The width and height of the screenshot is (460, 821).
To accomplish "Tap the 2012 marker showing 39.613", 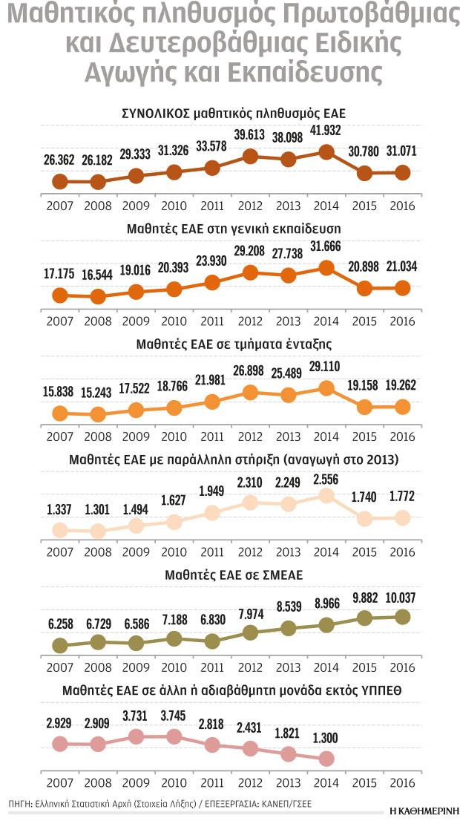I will (x=250, y=157).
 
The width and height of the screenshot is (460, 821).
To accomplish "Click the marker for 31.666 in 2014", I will (x=324, y=268).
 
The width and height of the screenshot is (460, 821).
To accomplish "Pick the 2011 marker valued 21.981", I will (x=212, y=402).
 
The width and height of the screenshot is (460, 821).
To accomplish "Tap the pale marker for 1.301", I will (x=98, y=531).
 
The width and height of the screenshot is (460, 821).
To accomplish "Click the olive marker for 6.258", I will (x=59, y=645).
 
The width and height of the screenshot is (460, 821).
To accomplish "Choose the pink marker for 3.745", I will (x=174, y=736).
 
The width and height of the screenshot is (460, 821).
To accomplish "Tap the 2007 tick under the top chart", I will (x=59, y=206).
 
